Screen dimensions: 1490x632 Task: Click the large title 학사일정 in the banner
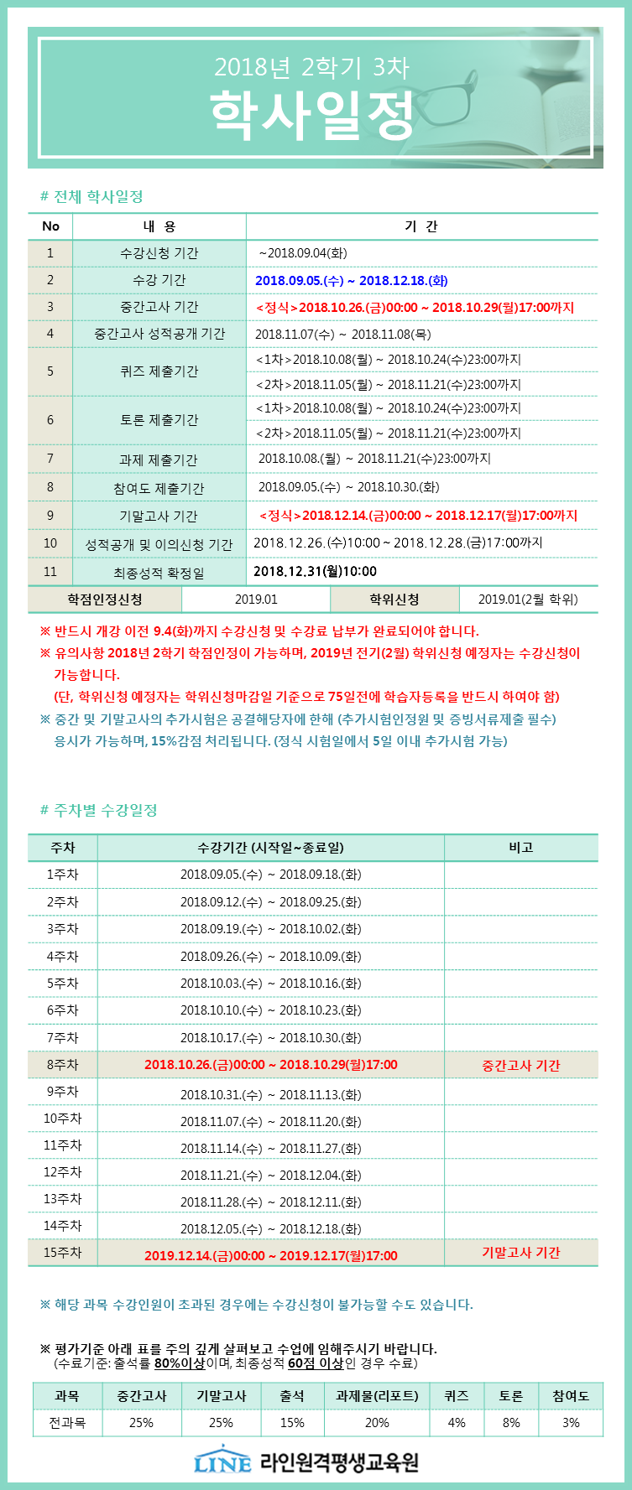[x=311, y=116]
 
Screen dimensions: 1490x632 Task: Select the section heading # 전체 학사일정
[x=91, y=197]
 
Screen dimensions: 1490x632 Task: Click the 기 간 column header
[x=420, y=226]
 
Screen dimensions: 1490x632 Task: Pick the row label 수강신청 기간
[x=159, y=253]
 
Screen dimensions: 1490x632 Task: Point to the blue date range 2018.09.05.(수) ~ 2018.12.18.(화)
[x=351, y=281]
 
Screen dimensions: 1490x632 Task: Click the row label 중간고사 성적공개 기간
[x=159, y=334]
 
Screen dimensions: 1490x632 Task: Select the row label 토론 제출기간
[x=159, y=420]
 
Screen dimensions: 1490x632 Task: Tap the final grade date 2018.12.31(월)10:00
[x=315, y=572]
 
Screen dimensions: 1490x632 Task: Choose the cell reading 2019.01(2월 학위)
[x=528, y=600]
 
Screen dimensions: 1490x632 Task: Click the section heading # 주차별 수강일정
[x=99, y=811]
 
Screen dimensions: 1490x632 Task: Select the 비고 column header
[x=520, y=848]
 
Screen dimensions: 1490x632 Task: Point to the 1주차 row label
[x=62, y=875]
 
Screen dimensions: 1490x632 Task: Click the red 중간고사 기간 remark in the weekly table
[x=520, y=1066]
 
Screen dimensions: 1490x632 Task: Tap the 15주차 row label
[x=62, y=1253]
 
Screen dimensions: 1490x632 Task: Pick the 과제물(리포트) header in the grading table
[x=376, y=1396]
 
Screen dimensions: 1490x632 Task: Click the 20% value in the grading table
[x=376, y=1423]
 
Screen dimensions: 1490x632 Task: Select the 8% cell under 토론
[x=510, y=1423]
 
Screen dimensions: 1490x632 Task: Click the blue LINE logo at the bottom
[x=222, y=1461]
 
